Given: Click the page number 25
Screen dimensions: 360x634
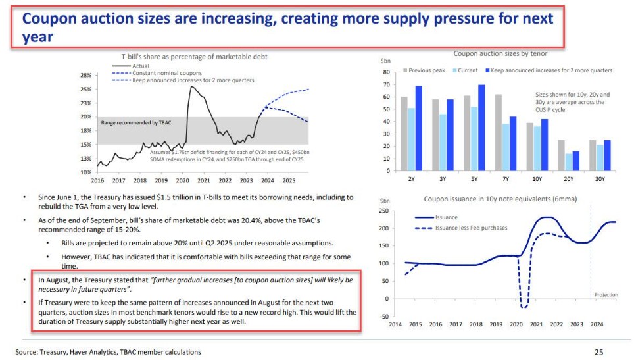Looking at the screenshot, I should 598,351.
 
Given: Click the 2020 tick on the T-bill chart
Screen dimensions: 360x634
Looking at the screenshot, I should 182,180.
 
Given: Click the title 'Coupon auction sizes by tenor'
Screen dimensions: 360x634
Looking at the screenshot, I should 500,53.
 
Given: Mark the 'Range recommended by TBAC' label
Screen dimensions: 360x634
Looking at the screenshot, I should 135,123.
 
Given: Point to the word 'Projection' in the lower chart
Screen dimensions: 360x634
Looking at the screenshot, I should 606,294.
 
